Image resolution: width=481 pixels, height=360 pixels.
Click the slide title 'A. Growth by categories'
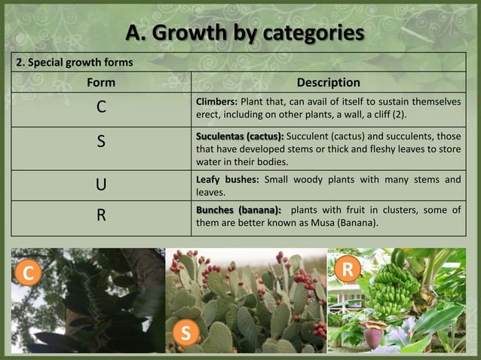pos(244,33)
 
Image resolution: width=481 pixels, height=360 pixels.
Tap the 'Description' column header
pos(329,82)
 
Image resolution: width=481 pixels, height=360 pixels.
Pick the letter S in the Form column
pos(101,142)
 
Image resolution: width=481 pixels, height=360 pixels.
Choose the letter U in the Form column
pos(101,185)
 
